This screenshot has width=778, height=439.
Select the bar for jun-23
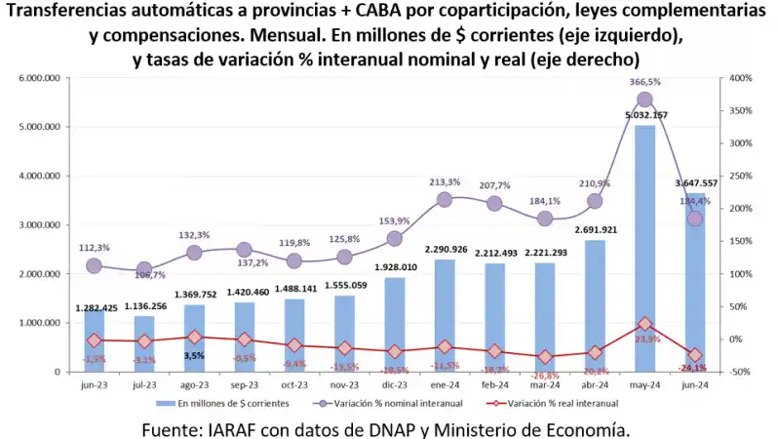click(x=94, y=341)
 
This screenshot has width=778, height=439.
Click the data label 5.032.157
click(x=645, y=115)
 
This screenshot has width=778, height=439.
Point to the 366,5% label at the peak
click(x=645, y=82)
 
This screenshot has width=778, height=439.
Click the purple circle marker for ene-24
click(x=445, y=199)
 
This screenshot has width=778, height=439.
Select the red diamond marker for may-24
click(x=645, y=324)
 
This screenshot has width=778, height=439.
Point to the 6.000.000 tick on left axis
click(x=41, y=78)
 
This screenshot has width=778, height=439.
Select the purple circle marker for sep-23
click(x=244, y=250)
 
